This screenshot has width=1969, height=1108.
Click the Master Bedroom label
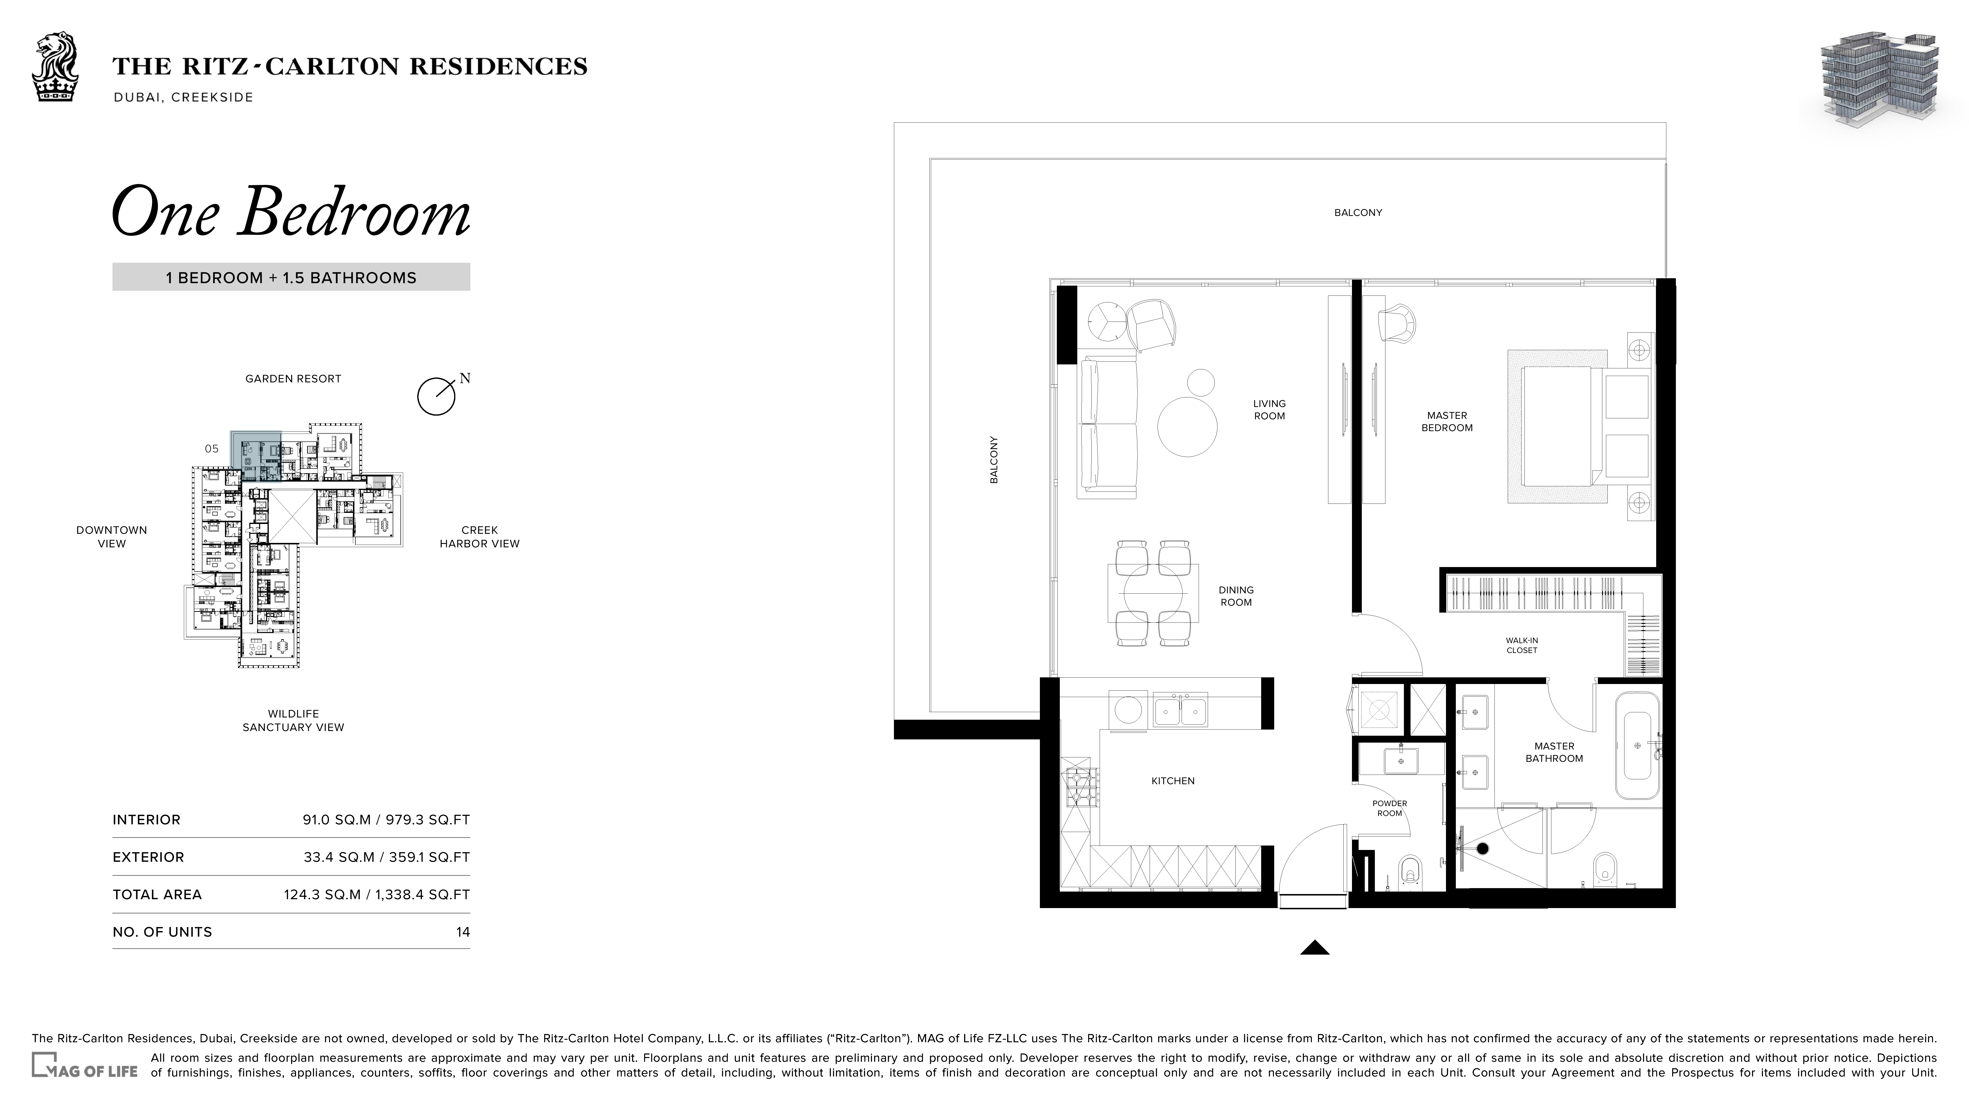[x=1447, y=421]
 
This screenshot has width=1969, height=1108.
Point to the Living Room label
[x=1270, y=410]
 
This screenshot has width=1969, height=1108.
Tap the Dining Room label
[x=1236, y=596]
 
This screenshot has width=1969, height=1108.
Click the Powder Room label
[x=1390, y=808]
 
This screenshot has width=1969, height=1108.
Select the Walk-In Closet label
[x=1522, y=645]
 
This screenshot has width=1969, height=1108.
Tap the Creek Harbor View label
[x=479, y=537]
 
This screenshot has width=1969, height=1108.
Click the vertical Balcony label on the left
[x=994, y=459]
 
